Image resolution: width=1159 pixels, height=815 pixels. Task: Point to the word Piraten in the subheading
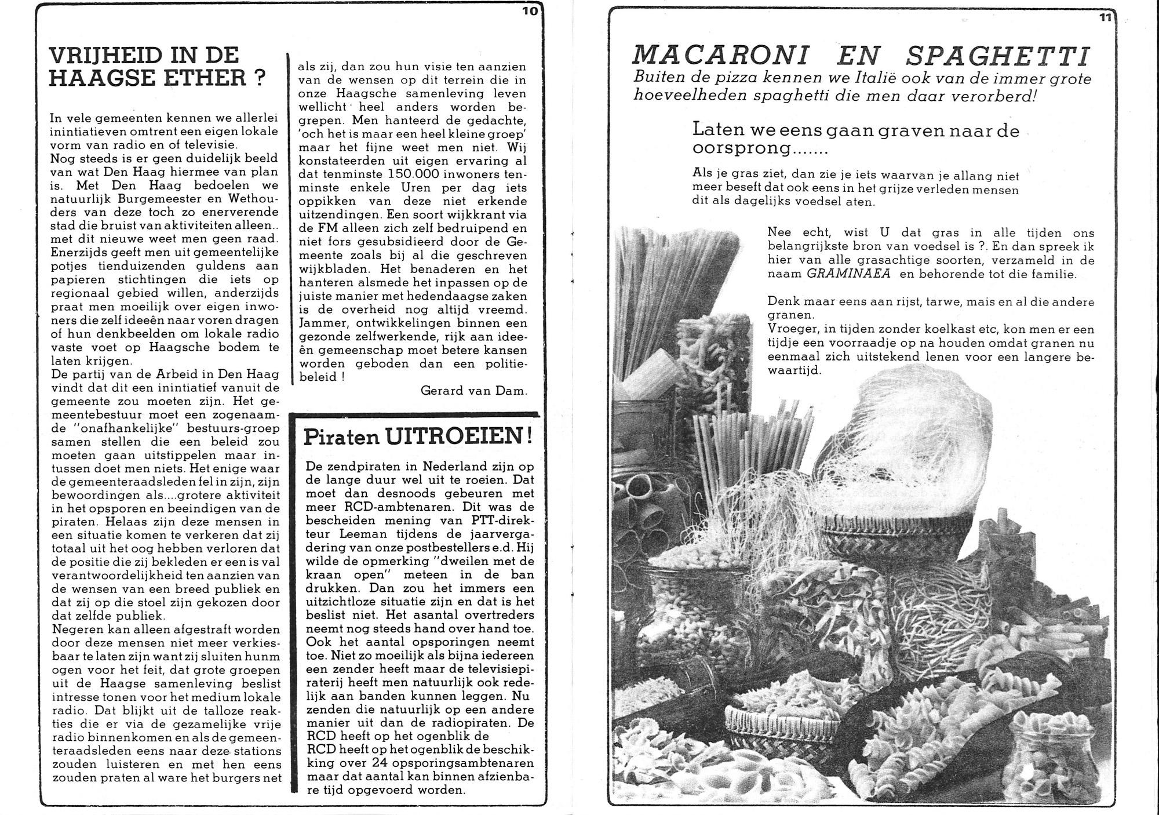pos(337,439)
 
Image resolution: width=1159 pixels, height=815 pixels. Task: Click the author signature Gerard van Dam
pos(474,391)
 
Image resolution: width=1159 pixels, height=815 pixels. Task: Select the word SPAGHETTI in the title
pos(997,56)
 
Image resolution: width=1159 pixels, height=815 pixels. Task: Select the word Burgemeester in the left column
pos(151,199)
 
